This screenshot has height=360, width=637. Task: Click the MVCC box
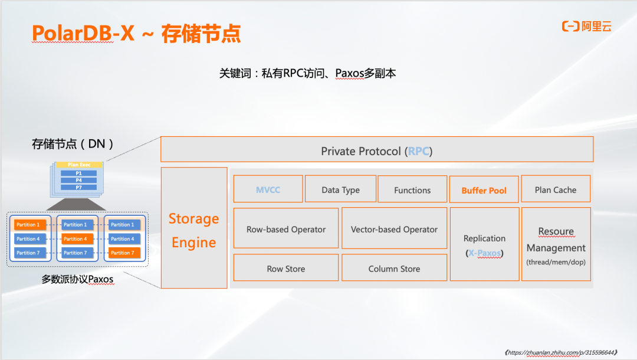click(268, 189)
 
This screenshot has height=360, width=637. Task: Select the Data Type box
click(340, 189)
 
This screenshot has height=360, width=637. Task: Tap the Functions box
click(412, 189)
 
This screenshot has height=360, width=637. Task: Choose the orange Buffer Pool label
click(484, 190)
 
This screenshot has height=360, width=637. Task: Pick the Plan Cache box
click(556, 189)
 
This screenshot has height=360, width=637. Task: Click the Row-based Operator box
click(286, 228)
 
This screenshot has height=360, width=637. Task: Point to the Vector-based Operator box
click(394, 228)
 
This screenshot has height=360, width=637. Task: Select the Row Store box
click(286, 268)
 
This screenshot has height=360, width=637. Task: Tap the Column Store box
click(394, 268)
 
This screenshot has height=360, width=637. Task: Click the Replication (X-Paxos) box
click(485, 244)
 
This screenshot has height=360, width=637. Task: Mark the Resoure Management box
click(556, 244)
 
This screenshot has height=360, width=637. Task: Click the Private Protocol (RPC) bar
click(377, 149)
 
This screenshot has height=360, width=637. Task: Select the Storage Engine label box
click(194, 228)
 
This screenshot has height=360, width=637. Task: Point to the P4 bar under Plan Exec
click(79, 180)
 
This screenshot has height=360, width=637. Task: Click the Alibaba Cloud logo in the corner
click(587, 27)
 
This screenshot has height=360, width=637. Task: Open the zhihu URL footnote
click(561, 353)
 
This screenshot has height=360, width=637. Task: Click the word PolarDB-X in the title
click(83, 33)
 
